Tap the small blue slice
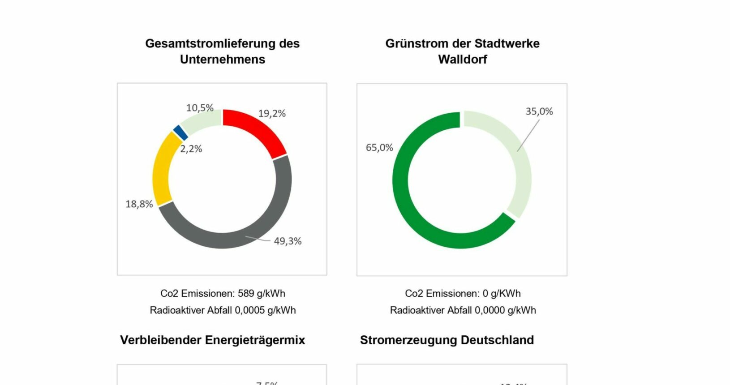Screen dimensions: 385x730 pos(180,133)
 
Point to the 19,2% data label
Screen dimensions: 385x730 pos(272,114)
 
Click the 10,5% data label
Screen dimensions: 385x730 pos(200,108)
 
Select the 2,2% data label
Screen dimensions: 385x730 pos(191,149)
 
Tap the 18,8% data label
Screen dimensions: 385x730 pos(139,204)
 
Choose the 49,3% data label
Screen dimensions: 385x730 pos(288,241)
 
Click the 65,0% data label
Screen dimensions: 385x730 pos(379,148)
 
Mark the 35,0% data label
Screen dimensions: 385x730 pos(539,111)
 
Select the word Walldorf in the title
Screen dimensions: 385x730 pos(462,59)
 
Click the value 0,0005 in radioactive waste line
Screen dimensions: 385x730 pos(250,310)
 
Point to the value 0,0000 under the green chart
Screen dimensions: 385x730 pos(490,310)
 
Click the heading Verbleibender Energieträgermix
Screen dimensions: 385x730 pos(212,340)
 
